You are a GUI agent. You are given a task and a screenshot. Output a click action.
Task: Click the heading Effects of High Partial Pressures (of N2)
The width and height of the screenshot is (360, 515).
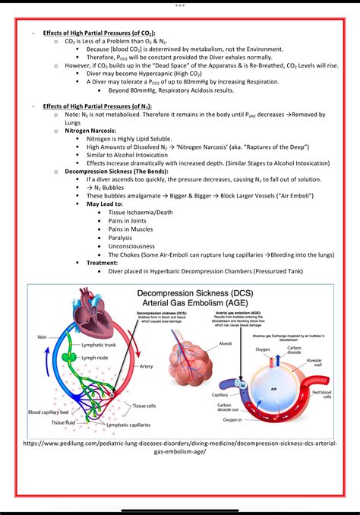pos(98,106)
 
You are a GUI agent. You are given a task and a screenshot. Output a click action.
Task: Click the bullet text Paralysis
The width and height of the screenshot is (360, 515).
pos(120,238)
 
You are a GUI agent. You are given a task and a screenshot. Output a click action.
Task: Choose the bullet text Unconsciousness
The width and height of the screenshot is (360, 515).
pos(131,246)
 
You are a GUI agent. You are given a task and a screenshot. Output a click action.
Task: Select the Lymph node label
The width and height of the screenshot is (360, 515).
pos(96,356)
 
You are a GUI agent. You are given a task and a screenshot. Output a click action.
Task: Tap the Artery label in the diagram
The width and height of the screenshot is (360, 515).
pos(147,366)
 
